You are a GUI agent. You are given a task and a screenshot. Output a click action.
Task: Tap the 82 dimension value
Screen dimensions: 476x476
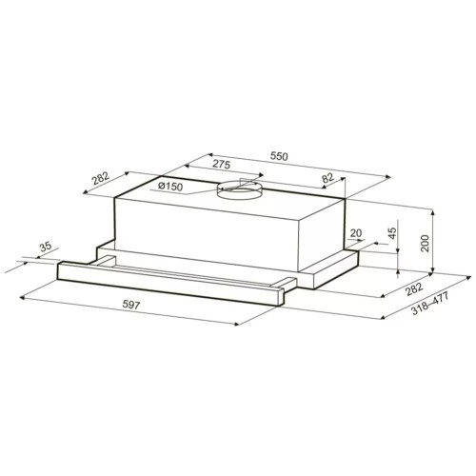327,177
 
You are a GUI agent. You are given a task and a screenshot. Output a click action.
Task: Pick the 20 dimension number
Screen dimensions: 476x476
355,233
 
